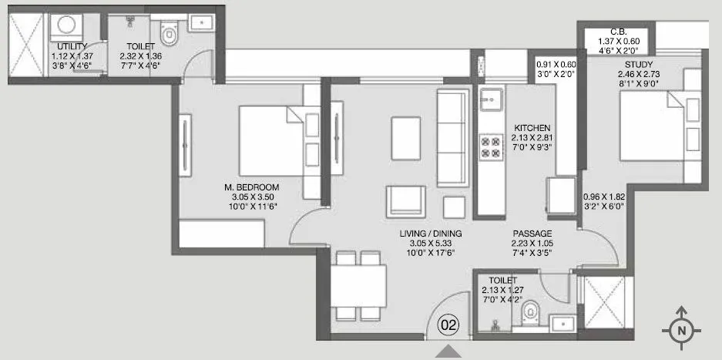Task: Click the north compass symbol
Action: (681, 329)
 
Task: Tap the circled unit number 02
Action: (448, 325)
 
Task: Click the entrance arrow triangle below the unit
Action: (448, 352)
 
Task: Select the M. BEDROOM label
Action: (251, 187)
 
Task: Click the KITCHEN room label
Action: (533, 127)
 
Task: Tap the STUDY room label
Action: (640, 65)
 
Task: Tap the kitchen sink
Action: (490, 99)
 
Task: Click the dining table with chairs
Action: (359, 285)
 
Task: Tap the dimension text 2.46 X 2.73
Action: (640, 75)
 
